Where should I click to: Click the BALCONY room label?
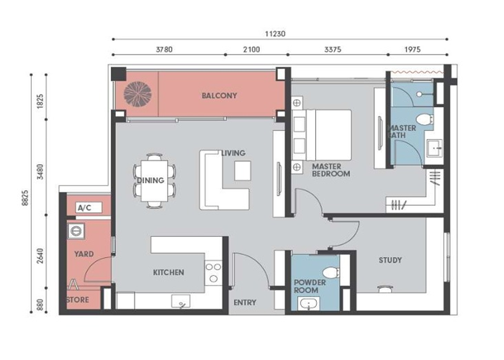[x=219, y=96]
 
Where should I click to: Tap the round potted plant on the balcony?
[x=138, y=94]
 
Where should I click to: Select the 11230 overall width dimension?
[x=275, y=34]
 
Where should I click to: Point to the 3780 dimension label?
[x=164, y=50]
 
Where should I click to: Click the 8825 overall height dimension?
[x=25, y=198]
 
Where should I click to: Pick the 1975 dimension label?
[x=413, y=50]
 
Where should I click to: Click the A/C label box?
[x=89, y=207]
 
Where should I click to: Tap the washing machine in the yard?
[x=76, y=231]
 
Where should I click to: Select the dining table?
[x=154, y=181]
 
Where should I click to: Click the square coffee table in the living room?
[x=243, y=171]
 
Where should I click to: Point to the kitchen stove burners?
[x=213, y=273]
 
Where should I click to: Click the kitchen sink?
[x=181, y=302]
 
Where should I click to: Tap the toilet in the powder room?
[x=331, y=273]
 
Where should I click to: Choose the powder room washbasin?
[x=309, y=304]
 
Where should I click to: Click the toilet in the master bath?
[x=424, y=119]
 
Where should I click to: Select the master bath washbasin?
[x=435, y=148]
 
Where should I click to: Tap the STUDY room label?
[x=390, y=260]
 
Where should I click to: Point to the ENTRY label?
[x=245, y=302]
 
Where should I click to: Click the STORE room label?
[x=78, y=300]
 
